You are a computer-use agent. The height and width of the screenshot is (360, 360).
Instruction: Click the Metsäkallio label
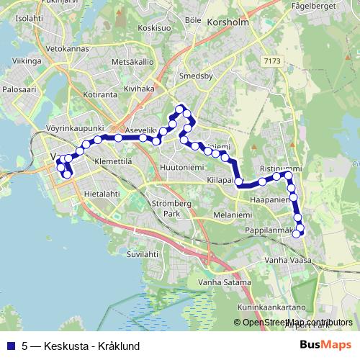point(134,62)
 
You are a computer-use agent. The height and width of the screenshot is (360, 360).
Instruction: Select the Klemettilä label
point(113,161)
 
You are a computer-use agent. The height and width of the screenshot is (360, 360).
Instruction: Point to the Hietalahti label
point(102,194)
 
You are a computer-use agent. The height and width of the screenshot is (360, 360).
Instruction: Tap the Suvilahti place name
point(142,254)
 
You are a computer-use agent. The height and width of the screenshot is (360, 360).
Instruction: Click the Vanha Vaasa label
point(286,259)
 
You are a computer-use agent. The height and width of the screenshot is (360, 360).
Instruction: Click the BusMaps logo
point(326,346)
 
